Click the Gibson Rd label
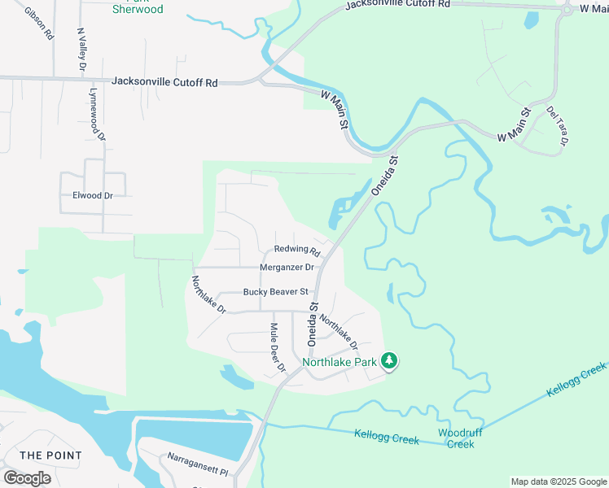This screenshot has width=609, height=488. pos(38,24)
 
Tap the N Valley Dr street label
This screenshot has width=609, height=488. pos(81,49)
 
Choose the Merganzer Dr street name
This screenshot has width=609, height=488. pos(287,267)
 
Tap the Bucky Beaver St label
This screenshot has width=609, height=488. pos(275,292)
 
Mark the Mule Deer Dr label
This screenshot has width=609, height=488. pos(278,347)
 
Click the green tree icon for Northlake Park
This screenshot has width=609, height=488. pos(390,360)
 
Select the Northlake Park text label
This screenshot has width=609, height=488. pos(340,362)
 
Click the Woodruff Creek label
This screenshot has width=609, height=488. pos(461,438)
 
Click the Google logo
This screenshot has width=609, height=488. pos(27,478)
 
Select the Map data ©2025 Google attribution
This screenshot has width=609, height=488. pos(559,481)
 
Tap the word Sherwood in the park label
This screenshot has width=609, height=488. pos(138,10)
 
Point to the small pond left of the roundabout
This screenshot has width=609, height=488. pos(532,18)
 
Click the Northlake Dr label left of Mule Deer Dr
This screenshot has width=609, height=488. pos(208,294)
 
